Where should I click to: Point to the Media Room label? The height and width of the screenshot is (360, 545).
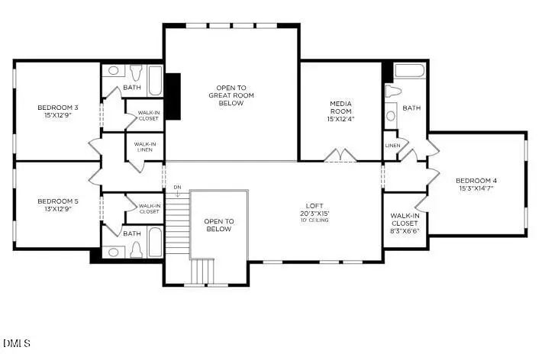tap(340, 108)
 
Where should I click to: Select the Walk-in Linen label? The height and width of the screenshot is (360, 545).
tap(144, 146)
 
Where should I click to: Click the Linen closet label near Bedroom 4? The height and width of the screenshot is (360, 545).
tap(392, 145)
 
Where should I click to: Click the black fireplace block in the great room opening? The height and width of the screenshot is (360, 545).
tap(173, 96)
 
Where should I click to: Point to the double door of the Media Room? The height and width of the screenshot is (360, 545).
tap(340, 157)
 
